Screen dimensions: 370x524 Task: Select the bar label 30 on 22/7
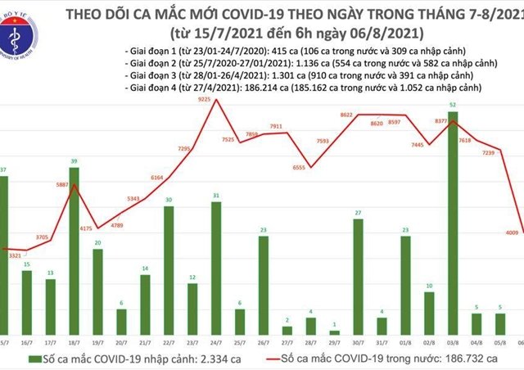click(168, 200)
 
